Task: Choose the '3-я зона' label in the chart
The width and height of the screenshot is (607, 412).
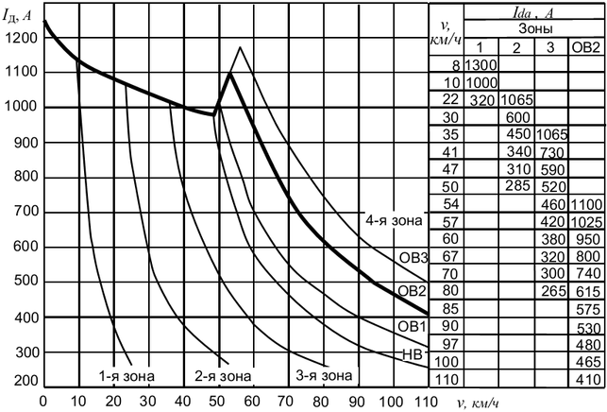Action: pyautogui.click(x=321, y=375)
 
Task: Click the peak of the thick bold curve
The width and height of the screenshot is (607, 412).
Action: pyautogui.click(x=229, y=72)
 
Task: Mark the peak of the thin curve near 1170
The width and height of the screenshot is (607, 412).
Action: pyautogui.click(x=241, y=46)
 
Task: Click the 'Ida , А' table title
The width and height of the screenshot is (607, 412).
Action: pyautogui.click(x=534, y=11)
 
